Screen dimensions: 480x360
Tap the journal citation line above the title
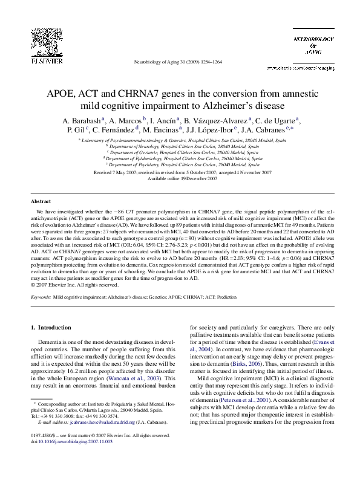(x=180, y=62)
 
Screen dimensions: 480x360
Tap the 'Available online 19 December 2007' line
(x=180, y=178)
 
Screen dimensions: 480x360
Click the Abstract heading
(x=41, y=201)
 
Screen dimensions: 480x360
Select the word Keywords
(x=41, y=298)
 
